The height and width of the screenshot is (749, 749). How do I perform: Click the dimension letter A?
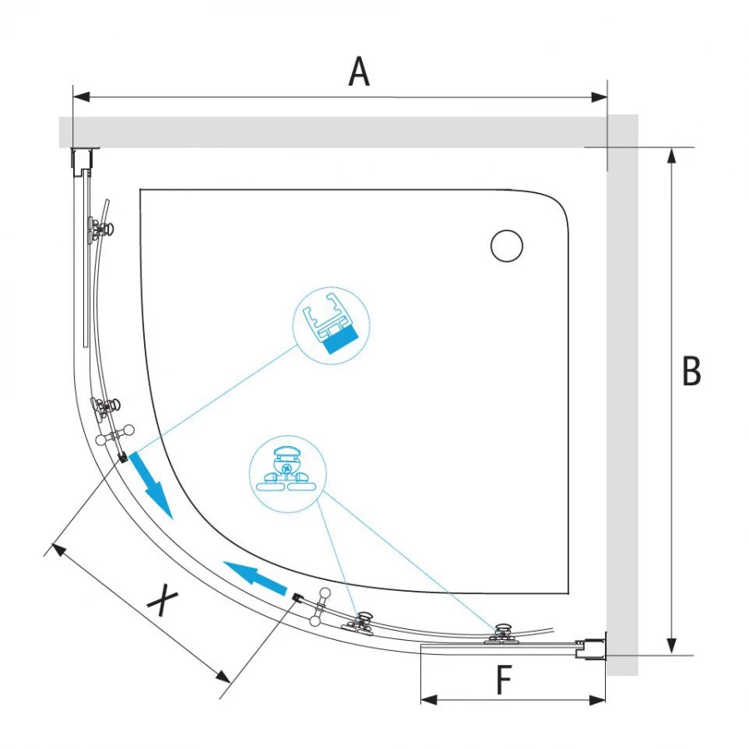coord(360,72)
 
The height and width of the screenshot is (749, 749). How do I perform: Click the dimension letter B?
coord(692,370)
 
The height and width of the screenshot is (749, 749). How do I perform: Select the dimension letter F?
coord(504,679)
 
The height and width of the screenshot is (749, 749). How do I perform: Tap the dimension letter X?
coord(163,599)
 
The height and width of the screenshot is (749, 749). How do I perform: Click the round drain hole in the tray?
coord(507,246)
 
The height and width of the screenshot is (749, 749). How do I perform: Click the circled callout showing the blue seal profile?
coord(331,325)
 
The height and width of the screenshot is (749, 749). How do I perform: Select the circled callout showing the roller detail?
coord(288,474)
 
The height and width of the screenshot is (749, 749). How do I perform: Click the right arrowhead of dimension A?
coord(599,97)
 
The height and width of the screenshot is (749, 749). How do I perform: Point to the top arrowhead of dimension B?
coord(672,156)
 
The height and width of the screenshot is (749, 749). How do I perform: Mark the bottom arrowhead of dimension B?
coord(672,645)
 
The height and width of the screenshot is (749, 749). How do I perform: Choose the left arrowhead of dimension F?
coord(429,700)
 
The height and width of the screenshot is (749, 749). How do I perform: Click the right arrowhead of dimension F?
coord(598,700)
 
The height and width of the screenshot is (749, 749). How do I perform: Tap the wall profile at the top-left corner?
coord(84,159)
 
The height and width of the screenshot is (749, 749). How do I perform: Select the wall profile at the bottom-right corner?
coord(591,647)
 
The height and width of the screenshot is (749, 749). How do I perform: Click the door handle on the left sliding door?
coord(115,434)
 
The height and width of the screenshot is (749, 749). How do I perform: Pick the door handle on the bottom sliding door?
coord(320,607)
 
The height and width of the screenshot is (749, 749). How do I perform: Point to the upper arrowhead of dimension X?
coord(59,549)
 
